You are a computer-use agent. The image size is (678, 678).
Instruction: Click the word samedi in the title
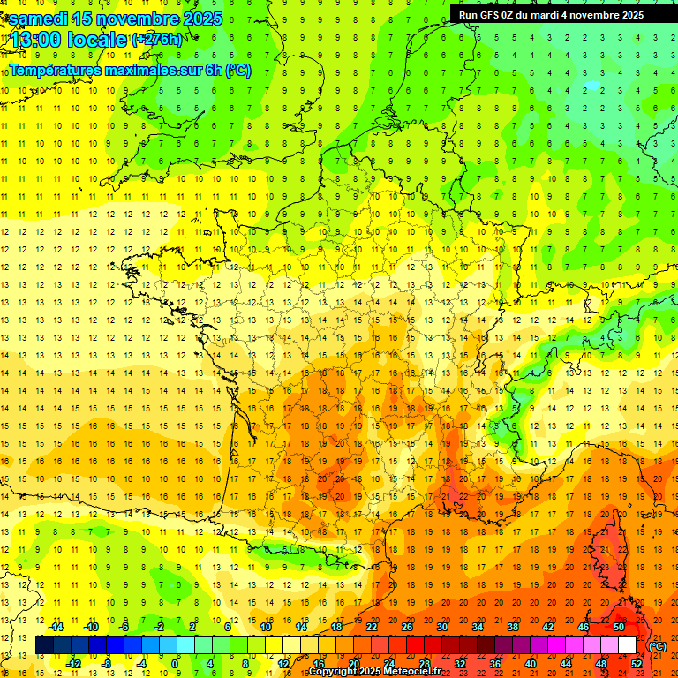(39, 19)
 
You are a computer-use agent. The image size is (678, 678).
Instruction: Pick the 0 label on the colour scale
(174, 663)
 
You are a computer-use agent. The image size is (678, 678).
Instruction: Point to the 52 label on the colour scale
(636, 663)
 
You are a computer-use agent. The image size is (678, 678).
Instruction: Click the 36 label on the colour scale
(494, 663)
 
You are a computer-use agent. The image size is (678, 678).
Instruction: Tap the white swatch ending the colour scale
(627, 645)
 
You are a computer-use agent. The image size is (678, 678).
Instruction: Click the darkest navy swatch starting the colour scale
(44, 645)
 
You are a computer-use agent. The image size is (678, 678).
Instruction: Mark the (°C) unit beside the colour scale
(657, 646)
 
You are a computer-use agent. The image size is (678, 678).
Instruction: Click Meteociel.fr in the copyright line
(413, 672)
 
